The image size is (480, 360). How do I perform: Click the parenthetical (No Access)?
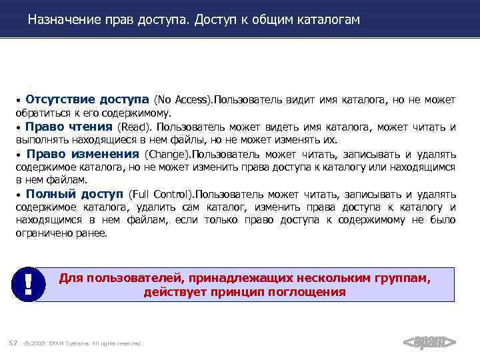[183, 100]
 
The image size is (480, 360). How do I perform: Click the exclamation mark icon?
[28, 285]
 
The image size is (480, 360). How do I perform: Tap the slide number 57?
[12, 343]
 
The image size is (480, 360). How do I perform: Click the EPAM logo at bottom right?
[430, 342]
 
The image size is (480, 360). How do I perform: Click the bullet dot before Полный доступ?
[19, 195]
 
